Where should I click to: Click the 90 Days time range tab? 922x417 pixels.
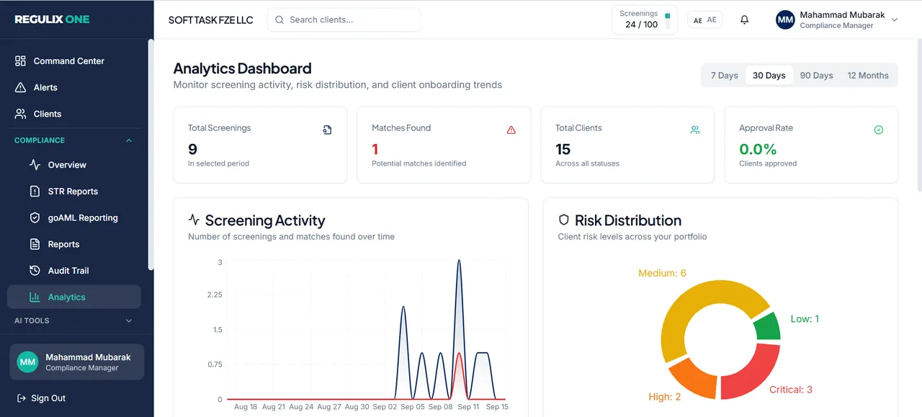(816, 76)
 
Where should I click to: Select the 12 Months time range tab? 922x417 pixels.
(868, 76)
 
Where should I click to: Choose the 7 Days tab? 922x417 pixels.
(724, 76)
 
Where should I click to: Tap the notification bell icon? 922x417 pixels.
(744, 19)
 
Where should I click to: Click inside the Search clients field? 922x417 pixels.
(344, 19)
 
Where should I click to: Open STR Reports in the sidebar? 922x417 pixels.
(73, 192)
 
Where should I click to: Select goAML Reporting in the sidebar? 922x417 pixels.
(83, 218)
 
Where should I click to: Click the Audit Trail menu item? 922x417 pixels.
(68, 271)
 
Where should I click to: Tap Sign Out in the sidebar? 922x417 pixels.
(41, 398)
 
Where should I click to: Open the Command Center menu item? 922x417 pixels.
(68, 61)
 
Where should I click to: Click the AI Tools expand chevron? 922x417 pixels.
(129, 320)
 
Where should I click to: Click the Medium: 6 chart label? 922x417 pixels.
(662, 273)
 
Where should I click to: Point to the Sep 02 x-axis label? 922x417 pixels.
(385, 407)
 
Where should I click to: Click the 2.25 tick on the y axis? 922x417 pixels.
(215, 295)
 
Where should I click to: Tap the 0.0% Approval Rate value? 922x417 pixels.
(757, 149)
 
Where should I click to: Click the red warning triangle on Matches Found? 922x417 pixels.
(511, 130)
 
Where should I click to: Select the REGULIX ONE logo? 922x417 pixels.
(52, 19)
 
